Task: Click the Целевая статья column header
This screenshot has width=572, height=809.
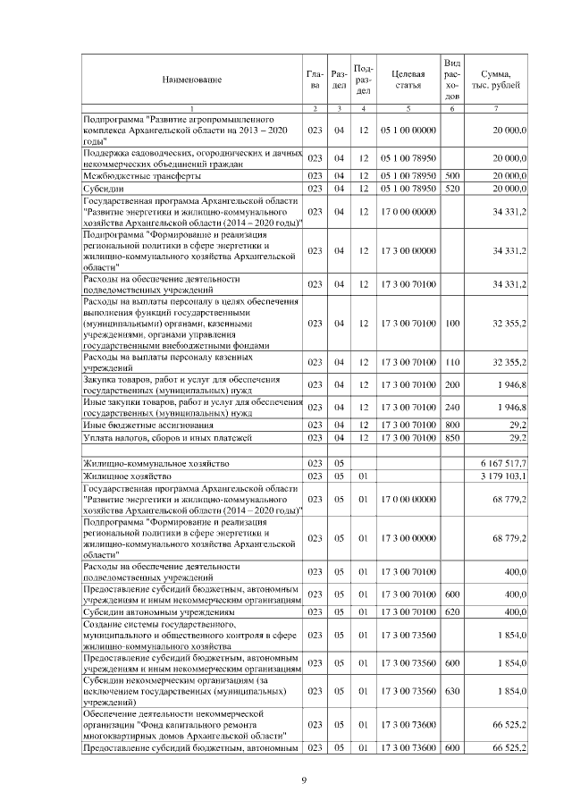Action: [x=408, y=80]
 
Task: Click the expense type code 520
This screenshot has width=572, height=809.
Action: [x=452, y=190]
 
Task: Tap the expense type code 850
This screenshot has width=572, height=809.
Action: [x=452, y=438]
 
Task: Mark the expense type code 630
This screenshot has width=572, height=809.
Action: [x=452, y=691]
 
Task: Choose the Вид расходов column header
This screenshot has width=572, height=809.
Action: [x=452, y=80]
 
